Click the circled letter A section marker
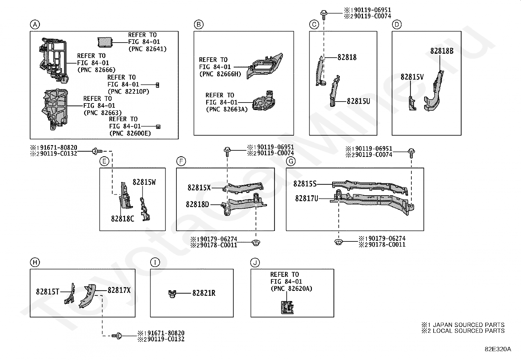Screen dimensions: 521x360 click(35, 25)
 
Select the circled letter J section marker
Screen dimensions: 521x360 click(255, 263)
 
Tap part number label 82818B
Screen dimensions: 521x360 click(442, 51)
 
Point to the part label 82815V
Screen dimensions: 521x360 click(412, 77)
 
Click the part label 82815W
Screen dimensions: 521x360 click(144, 182)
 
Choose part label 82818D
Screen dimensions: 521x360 click(197, 204)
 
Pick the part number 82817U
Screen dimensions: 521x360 click(307, 199)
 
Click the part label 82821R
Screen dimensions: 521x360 click(204, 293)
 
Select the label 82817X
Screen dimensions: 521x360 click(119, 290)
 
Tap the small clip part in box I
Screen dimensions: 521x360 click(172, 294)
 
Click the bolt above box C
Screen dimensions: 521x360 click(324, 14)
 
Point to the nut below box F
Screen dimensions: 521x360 click(256, 243)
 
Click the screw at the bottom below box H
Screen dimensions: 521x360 click(117, 336)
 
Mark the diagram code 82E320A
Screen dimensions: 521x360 click(498, 349)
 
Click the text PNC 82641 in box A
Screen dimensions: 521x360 click(148, 49)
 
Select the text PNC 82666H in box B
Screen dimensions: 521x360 click(220, 74)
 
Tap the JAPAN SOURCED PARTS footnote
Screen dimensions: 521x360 click(463, 325)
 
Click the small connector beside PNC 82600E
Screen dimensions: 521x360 click(158, 127)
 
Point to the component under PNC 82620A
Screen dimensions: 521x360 click(287, 307)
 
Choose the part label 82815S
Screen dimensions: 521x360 click(305, 184)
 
